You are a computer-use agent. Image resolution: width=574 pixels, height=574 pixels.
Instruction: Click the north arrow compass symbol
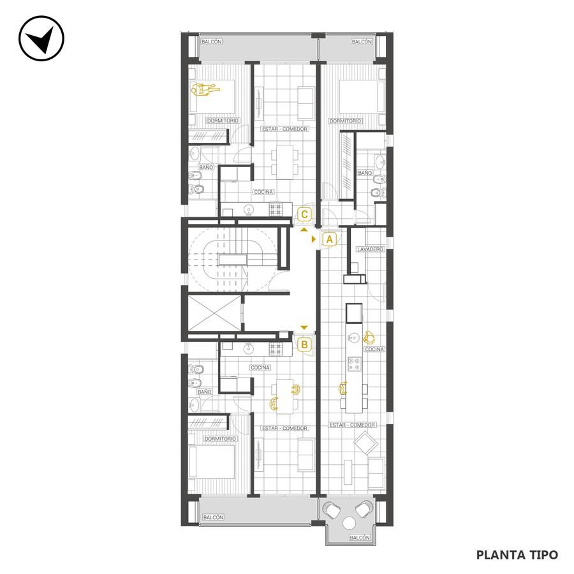coord(41,38)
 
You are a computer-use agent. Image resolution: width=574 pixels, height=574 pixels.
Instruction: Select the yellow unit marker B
coord(305,344)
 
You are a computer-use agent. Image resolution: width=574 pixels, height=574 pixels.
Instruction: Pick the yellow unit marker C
coord(305,214)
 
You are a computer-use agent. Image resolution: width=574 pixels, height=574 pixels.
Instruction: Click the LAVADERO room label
coord(371,249)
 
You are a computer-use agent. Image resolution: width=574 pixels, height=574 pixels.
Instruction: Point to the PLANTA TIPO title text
coord(517,555)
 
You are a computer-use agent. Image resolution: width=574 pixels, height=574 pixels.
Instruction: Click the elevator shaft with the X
coord(214,313)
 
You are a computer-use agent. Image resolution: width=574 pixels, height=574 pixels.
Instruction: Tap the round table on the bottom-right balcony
coord(350,524)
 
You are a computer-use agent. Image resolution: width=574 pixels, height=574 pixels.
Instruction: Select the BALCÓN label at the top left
coord(212,42)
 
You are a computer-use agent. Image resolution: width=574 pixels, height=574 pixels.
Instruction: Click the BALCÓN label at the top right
coord(362,42)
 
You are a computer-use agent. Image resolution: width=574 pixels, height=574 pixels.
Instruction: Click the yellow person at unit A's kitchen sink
coord(368,337)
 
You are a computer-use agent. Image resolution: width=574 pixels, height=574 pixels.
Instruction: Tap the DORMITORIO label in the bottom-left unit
coord(221,439)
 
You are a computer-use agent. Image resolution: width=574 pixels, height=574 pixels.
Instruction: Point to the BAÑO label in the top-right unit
coord(365,173)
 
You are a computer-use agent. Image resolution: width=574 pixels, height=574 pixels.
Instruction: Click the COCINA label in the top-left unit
coord(263,192)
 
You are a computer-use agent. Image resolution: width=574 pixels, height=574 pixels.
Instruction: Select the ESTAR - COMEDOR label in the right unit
coord(353,425)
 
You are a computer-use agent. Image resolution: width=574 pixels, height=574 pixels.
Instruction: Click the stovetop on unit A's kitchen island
coord(355,364)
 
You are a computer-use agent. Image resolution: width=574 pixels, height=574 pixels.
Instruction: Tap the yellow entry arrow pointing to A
coord(314,239)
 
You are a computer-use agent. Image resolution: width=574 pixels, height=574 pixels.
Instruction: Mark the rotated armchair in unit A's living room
coord(365,443)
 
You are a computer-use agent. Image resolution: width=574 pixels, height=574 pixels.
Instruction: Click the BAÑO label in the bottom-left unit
coord(204,392)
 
